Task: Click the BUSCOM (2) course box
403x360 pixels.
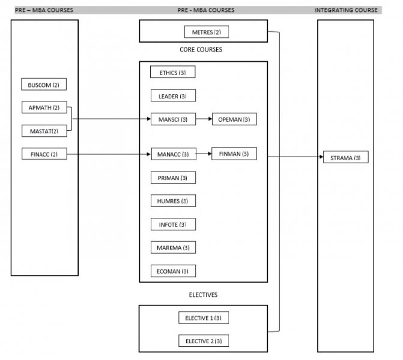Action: coord(43,85)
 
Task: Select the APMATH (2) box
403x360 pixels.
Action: coord(43,108)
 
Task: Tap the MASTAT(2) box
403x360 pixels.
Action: coord(43,131)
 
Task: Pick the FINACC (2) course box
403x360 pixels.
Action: coord(43,154)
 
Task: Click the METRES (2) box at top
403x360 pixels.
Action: coord(206,32)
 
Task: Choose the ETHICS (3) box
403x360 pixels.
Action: coord(173,73)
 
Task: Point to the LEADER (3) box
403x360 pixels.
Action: coord(173,96)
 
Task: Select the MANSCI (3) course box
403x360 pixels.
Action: coord(173,119)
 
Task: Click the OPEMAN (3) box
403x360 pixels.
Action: coord(234,119)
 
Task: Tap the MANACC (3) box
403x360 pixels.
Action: coord(173,154)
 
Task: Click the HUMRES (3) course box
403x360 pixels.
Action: coord(173,201)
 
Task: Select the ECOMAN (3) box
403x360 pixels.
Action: coord(173,271)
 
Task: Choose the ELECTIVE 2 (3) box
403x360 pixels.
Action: coord(203,341)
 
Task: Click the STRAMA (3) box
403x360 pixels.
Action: coord(345,158)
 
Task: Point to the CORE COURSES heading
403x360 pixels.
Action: coord(201,50)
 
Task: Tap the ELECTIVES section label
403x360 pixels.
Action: coord(203,295)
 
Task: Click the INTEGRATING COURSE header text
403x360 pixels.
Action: coord(346,10)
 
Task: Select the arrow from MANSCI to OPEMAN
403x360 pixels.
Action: coord(203,119)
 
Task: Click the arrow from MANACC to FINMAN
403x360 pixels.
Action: coord(203,154)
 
